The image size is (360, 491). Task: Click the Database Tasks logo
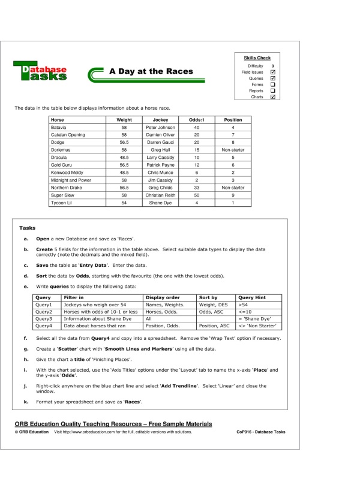[40, 72]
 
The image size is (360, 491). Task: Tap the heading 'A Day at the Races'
[151, 71]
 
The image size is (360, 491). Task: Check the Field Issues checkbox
[273, 72]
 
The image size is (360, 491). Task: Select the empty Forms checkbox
[273, 85]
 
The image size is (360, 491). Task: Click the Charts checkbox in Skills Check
[273, 97]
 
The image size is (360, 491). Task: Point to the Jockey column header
[160, 120]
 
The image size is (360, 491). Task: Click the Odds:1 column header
[196, 120]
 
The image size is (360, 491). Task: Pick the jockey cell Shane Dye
[160, 203]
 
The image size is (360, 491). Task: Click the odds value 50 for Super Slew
[196, 195]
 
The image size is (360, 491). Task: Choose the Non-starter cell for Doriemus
[233, 150]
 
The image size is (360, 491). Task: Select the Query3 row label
[44, 319]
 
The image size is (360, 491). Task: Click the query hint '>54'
[243, 305]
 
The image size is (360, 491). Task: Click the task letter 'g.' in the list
[26, 348]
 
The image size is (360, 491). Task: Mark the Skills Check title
[257, 58]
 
